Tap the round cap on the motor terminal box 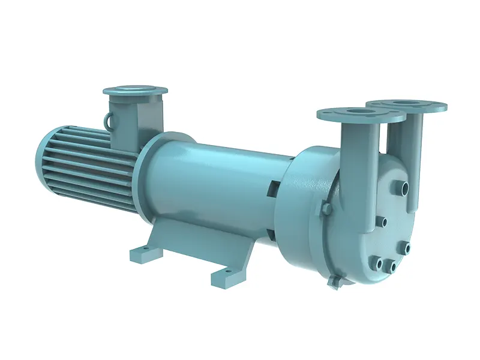(x=135, y=91)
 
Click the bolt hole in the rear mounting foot (x=142, y=251)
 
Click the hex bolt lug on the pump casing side (x=326, y=208)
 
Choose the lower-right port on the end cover (x=407, y=248)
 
